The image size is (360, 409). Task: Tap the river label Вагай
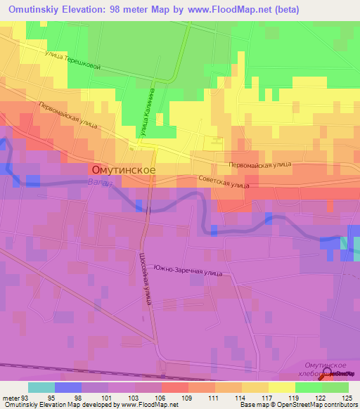101,182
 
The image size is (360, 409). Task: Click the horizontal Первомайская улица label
260,164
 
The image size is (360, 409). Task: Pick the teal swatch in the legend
41,387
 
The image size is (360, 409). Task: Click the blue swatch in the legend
67,387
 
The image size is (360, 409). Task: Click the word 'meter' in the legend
12,397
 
